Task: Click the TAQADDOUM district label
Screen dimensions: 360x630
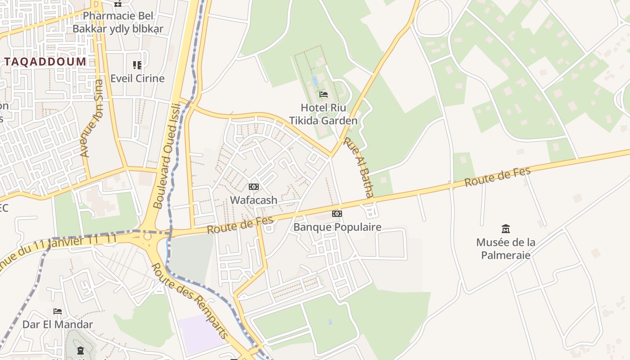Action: coord(45,62)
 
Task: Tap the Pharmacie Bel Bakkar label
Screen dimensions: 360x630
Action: coord(118,22)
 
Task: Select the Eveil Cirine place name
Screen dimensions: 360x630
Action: coord(138,78)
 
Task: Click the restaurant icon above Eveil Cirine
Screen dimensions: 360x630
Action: coord(137,65)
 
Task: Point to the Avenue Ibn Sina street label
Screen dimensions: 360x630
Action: coord(92,119)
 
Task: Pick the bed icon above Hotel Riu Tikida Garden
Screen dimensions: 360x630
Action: coord(323,94)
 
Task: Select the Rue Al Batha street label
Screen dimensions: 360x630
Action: coord(359,167)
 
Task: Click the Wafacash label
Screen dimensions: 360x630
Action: coord(254,200)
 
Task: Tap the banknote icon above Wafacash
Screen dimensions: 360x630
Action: coord(254,187)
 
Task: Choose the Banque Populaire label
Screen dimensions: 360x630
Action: coord(337,227)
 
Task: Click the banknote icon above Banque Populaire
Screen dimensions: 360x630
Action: coord(337,214)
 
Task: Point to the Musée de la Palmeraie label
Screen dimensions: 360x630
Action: coord(506,249)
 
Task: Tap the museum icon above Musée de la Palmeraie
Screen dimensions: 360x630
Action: coord(506,229)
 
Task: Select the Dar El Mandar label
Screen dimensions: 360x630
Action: coord(58,324)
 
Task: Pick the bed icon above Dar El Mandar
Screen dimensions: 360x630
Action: coord(58,311)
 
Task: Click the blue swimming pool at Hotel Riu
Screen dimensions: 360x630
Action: coord(315,81)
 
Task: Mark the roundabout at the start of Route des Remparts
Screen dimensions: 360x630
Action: coord(147,236)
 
